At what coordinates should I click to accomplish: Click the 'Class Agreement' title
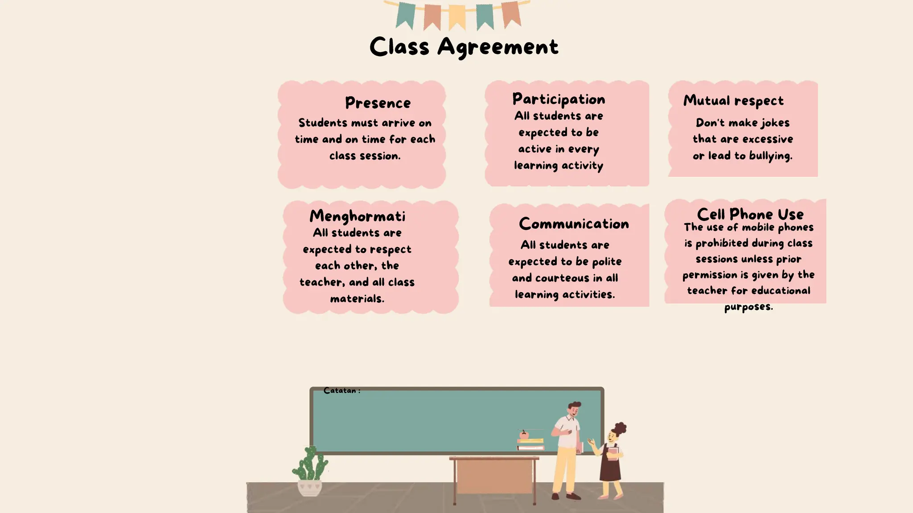tap(464, 47)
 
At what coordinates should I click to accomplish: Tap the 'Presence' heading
tap(378, 103)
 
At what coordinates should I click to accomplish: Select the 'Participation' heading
tap(559, 99)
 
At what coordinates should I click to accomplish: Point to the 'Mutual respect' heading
tap(733, 101)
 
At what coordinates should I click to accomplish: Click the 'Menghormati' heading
tap(358, 216)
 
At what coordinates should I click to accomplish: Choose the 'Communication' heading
tap(574, 224)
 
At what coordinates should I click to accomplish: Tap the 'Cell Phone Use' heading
tap(750, 214)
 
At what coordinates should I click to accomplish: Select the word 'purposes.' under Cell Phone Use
tap(748, 307)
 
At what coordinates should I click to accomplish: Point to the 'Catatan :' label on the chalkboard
tap(341, 391)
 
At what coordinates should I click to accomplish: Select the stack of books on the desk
tap(531, 444)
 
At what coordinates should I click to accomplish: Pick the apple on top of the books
tap(524, 434)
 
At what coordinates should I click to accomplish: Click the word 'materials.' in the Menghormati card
tap(357, 299)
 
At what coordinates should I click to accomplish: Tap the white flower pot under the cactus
tap(309, 488)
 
